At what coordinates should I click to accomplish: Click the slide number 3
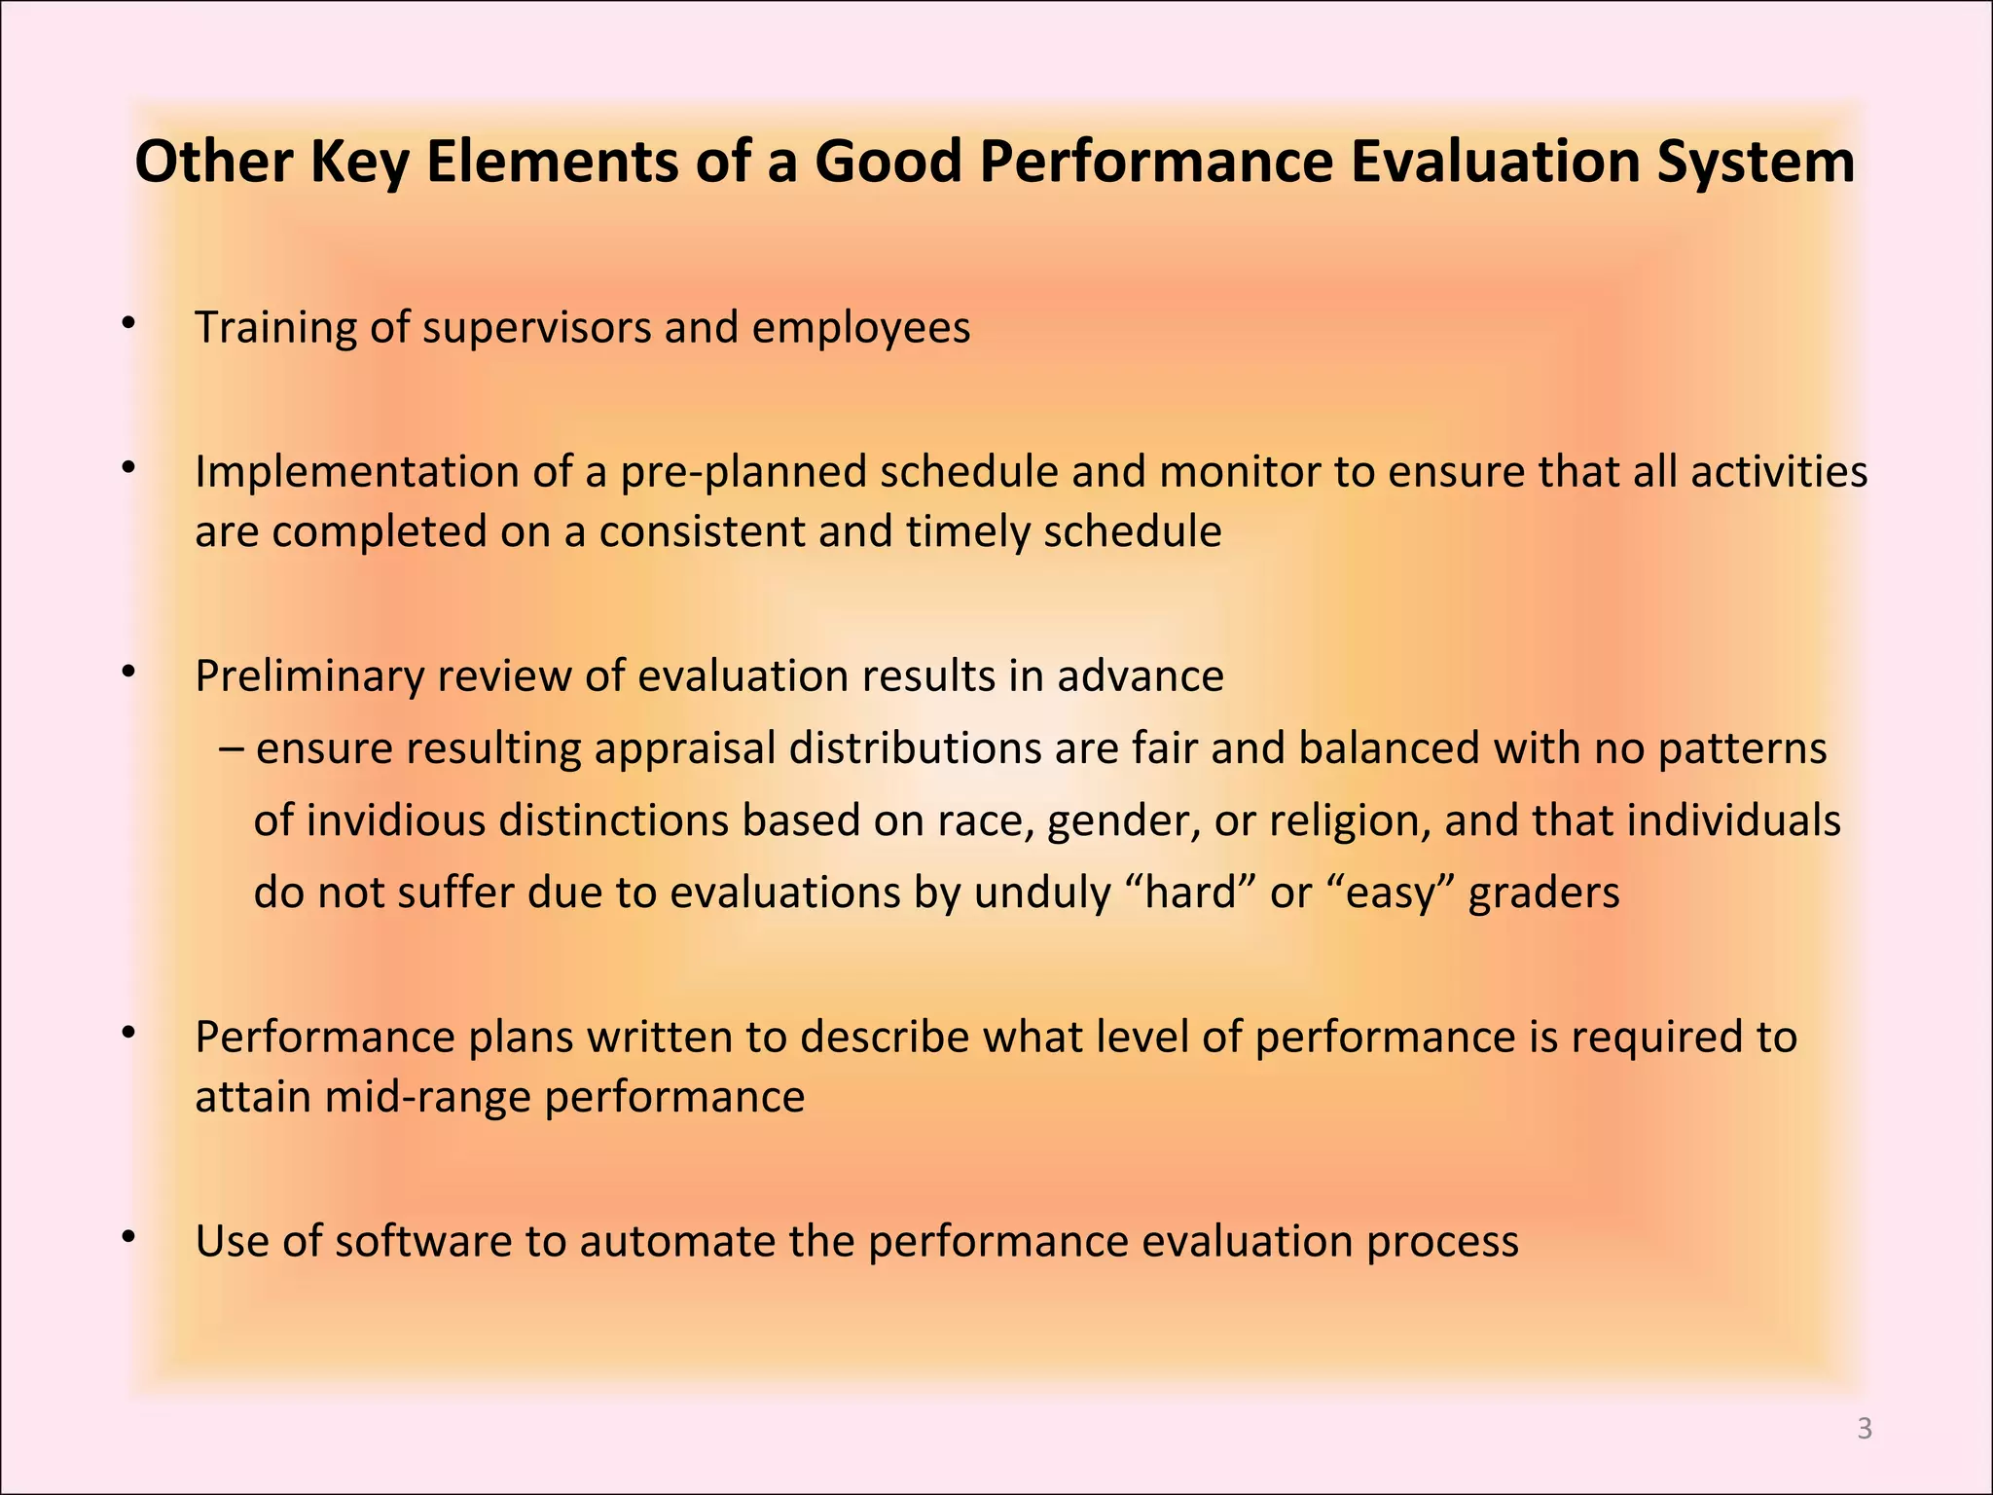[x=1865, y=1428]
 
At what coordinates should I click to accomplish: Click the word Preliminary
[x=308, y=675]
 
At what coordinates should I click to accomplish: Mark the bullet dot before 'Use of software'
[x=127, y=1236]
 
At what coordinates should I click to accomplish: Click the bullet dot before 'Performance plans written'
[x=127, y=1032]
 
